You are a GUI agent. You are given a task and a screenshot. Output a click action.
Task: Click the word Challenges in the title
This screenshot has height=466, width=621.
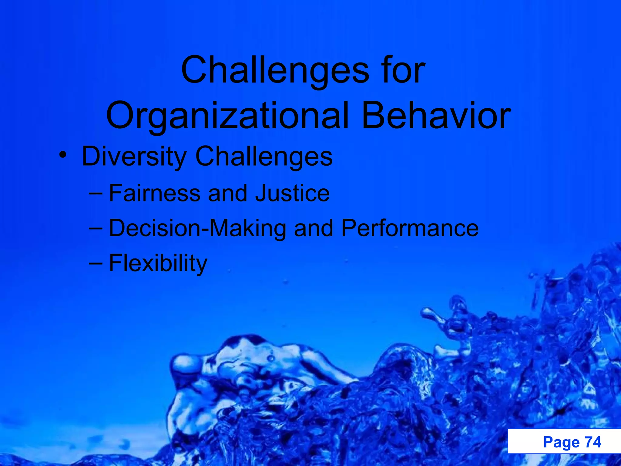tap(274, 70)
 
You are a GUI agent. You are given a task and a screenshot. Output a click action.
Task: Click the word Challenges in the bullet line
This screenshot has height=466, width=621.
tap(264, 157)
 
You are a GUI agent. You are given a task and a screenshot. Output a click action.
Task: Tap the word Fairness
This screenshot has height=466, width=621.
tap(155, 193)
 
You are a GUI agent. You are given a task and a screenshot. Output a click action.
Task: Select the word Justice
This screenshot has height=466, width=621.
tap(292, 193)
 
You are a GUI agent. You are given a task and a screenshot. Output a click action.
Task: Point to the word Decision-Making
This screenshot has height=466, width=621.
tap(197, 228)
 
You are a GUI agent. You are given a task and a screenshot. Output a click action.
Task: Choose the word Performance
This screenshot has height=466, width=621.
tap(410, 228)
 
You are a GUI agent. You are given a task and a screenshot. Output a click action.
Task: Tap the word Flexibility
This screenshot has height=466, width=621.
tap(158, 263)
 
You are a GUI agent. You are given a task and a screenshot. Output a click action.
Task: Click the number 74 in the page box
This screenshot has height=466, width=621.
tap(592, 442)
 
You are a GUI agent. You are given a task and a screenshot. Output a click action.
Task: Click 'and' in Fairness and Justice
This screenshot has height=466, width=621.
tap(227, 193)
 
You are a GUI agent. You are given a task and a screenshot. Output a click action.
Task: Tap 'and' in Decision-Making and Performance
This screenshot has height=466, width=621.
tap(314, 228)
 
